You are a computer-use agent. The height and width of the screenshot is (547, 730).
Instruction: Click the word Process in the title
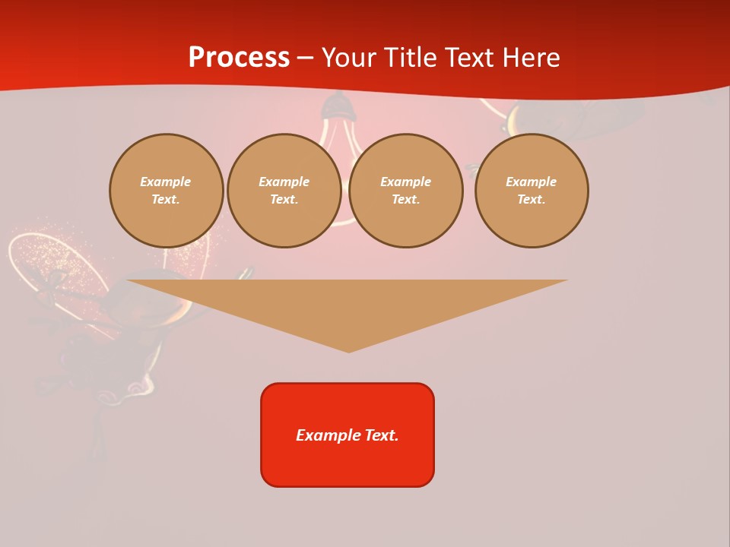[239, 58]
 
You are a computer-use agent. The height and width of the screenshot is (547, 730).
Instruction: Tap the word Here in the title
[531, 58]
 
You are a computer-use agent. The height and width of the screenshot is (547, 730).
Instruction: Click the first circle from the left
[166, 191]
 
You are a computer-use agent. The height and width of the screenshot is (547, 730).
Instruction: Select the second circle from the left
[284, 191]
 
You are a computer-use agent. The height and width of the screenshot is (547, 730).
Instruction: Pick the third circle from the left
[405, 191]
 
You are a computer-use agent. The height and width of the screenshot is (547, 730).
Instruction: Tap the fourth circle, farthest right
[531, 191]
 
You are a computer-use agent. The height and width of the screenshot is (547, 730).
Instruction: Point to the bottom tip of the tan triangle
[348, 351]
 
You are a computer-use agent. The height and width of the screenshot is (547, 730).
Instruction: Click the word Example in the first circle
[166, 182]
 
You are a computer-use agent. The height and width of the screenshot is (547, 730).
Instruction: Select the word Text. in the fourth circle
[531, 199]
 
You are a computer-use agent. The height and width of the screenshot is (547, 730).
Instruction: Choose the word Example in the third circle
[405, 182]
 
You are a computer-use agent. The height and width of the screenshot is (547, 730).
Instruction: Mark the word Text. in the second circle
[284, 199]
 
